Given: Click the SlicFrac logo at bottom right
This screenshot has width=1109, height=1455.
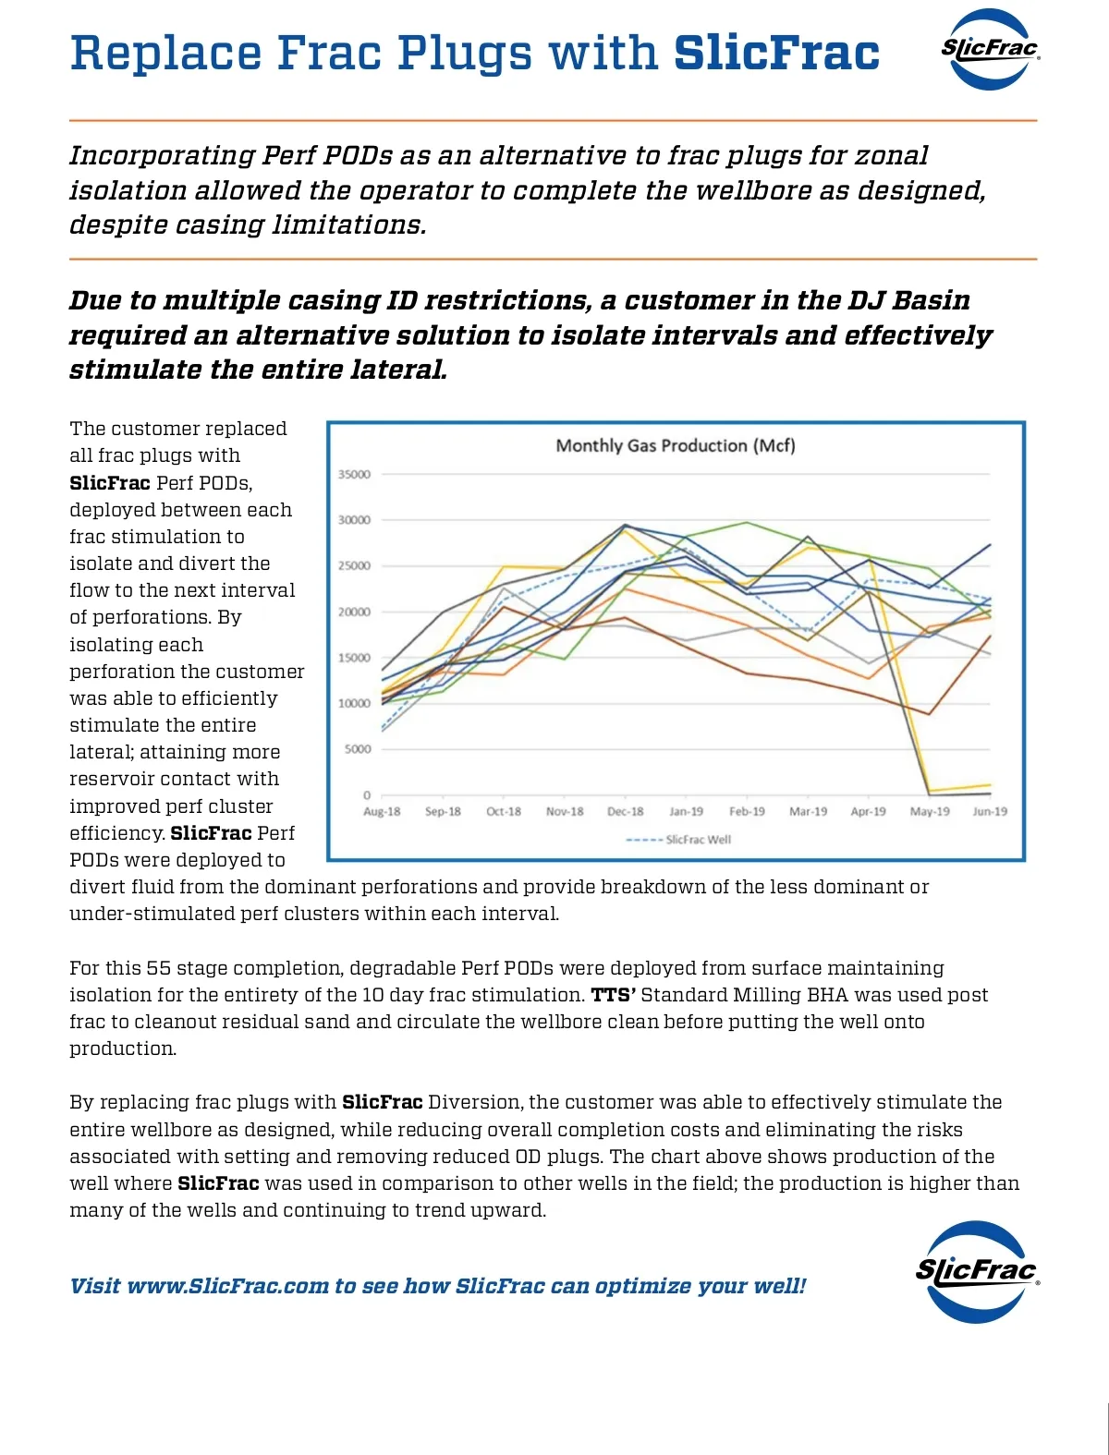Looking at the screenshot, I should click(977, 1271).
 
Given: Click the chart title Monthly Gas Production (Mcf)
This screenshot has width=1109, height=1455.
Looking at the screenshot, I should click(676, 446).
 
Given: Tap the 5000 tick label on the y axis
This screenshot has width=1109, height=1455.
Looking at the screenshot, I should click(358, 749).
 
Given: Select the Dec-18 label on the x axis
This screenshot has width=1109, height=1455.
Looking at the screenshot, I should click(625, 812).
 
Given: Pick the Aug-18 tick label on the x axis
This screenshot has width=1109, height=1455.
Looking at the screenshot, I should click(382, 812).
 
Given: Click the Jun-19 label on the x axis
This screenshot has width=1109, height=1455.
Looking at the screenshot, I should click(990, 812).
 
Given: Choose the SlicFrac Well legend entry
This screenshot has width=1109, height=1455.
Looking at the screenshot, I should click(698, 840).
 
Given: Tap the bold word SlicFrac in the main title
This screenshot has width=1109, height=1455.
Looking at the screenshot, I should click(776, 54).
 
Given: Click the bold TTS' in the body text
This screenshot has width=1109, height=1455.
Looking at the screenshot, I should click(613, 995).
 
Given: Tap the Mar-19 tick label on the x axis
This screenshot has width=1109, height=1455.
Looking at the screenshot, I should click(808, 812).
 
